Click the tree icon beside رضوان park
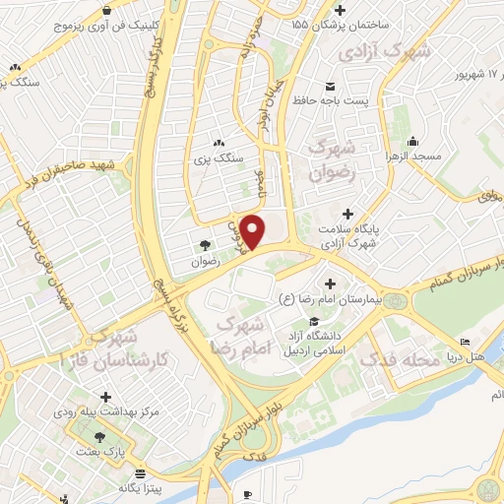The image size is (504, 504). coord(206,247)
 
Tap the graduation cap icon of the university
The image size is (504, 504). coord(313,323)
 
